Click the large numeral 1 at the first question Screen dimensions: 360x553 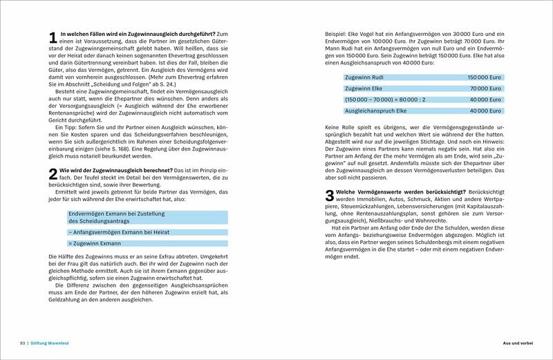(x=53, y=39)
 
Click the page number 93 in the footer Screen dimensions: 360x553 (x=21, y=343)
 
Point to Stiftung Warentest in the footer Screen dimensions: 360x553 (x=52, y=343)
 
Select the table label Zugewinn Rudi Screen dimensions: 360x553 (x=366, y=78)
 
